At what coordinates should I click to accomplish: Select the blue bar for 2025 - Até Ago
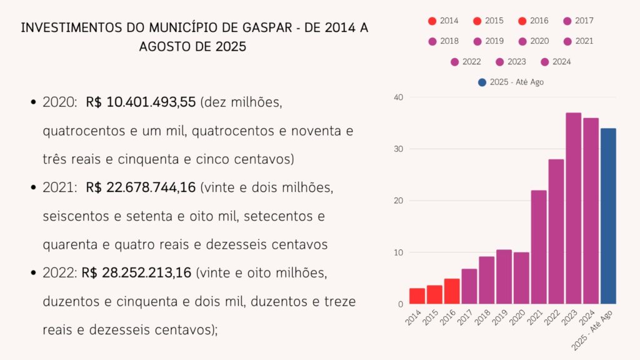pyautogui.click(x=608, y=216)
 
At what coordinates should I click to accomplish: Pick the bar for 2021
pyautogui.click(x=539, y=247)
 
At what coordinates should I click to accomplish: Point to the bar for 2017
pyautogui.click(x=469, y=286)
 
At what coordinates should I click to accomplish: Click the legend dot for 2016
pyautogui.click(x=522, y=21)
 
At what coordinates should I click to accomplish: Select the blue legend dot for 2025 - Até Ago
pyautogui.click(x=481, y=82)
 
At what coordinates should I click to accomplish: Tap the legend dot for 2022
pyautogui.click(x=454, y=62)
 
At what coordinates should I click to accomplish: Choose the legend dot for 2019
pyautogui.click(x=477, y=41)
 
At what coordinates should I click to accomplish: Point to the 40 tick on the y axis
pyautogui.click(x=399, y=97)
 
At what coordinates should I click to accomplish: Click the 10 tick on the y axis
pyautogui.click(x=399, y=252)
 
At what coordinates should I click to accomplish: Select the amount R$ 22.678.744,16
pyautogui.click(x=141, y=187)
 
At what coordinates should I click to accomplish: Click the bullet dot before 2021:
pyautogui.click(x=32, y=187)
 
